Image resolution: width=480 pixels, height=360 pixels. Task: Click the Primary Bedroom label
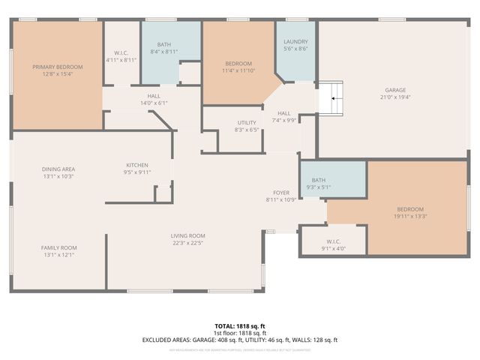coord(57,67)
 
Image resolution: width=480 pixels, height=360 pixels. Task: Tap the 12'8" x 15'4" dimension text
coord(57,74)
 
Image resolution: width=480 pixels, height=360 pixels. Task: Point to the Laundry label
coord(295,41)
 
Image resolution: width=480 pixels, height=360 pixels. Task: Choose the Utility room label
coord(247,122)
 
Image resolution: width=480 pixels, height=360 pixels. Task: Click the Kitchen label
coord(137,165)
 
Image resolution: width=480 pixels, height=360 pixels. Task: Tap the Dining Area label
coord(58,169)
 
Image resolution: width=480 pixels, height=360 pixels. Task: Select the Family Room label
coord(58,247)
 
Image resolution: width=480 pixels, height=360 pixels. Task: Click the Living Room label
coord(188,235)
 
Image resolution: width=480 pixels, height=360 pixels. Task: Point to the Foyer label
coord(280,193)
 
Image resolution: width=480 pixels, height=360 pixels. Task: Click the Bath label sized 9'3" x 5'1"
coord(319,180)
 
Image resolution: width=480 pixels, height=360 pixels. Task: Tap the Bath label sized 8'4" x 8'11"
coord(163,44)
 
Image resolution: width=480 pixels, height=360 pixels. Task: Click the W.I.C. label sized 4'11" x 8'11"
coord(120,52)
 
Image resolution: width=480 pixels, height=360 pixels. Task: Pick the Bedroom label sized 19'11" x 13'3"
coord(410,209)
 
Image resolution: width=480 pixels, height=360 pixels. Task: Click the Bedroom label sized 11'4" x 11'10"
coord(238,63)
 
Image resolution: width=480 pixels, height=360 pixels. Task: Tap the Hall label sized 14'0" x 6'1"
coord(154,96)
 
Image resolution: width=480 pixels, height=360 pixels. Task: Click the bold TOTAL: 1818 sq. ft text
coord(239,326)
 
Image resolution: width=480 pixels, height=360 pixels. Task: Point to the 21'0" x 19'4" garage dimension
coord(395,96)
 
